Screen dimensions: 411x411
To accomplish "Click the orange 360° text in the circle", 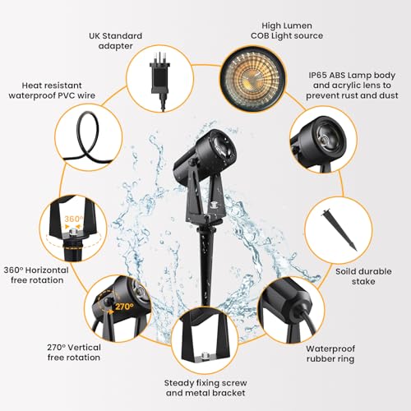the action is click(x=73, y=219).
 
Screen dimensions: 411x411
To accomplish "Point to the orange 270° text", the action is click(x=125, y=307).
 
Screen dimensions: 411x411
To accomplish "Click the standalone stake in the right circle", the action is click(x=339, y=229).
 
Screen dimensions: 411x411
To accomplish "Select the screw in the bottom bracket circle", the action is click(x=204, y=356).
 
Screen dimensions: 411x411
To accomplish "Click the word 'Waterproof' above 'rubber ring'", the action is click(x=330, y=349).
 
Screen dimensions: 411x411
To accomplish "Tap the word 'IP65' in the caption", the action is click(x=317, y=75).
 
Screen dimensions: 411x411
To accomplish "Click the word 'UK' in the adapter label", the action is click(x=95, y=35).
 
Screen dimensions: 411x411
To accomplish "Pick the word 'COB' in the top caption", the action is click(x=260, y=35).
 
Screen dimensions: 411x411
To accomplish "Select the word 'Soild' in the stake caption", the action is click(x=346, y=271).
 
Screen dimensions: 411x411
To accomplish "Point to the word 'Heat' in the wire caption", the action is click(x=31, y=85).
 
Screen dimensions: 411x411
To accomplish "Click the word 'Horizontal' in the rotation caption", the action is click(x=47, y=270).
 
